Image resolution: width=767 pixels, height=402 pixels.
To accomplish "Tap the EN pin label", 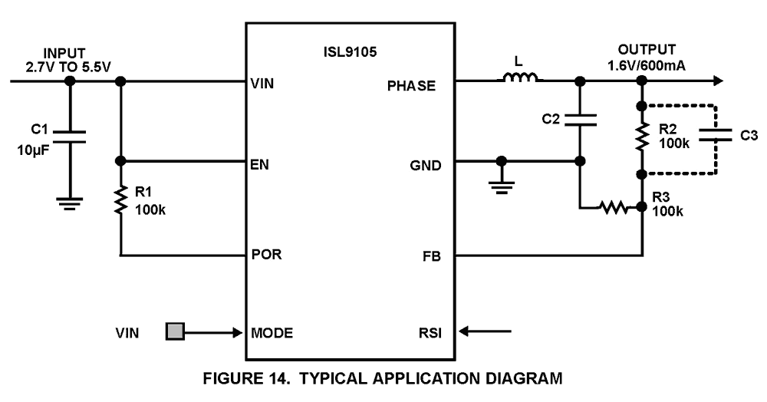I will pos(260,163).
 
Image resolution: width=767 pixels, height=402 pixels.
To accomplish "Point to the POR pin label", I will pos(266,254).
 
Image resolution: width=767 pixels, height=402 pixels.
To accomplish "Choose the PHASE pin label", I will pos(412,85).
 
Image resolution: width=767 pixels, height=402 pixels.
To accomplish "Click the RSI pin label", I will pos(429,333).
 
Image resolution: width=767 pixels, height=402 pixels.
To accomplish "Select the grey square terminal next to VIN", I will pos(176,332).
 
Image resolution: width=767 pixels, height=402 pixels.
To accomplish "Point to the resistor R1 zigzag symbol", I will pos(120,202).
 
